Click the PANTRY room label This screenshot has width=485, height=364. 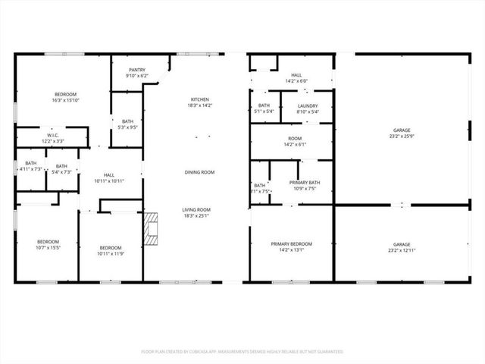point(137,70)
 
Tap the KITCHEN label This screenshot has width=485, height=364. point(200,99)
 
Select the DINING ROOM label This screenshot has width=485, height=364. point(199,172)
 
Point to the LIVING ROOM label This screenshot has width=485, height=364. point(196,209)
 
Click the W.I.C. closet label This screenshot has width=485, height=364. point(52,138)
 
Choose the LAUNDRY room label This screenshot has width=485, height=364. point(308,106)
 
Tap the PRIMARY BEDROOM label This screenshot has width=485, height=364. point(292,243)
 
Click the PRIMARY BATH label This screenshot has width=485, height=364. point(305,183)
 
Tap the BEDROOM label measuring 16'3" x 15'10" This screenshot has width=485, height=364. point(66,93)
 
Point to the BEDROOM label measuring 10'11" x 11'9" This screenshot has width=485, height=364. point(111,248)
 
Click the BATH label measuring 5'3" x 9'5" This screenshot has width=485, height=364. point(127,121)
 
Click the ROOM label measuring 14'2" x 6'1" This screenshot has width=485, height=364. point(295,139)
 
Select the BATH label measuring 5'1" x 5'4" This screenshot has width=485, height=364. point(264,106)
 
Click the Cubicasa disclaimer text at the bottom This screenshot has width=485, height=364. point(242,352)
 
